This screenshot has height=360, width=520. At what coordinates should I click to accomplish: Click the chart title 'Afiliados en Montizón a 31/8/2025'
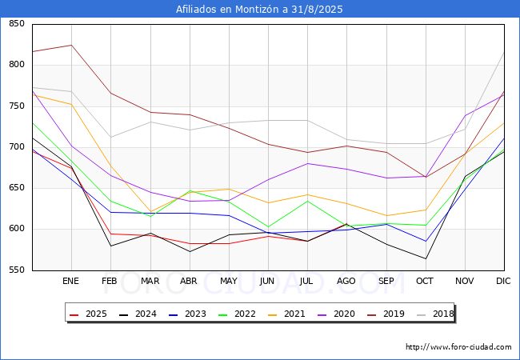click(x=259, y=10)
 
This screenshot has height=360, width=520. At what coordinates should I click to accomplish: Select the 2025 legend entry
click(x=88, y=314)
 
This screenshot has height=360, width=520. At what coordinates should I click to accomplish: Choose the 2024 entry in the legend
click(x=138, y=314)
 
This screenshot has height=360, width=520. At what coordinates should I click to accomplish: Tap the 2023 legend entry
click(x=187, y=314)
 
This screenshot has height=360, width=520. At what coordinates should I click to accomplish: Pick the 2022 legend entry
click(x=237, y=314)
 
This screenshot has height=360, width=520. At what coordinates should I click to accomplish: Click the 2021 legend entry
click(x=286, y=314)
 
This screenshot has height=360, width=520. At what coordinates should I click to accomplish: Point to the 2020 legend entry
click(x=336, y=314)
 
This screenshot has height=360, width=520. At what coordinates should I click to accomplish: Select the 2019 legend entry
click(x=386, y=314)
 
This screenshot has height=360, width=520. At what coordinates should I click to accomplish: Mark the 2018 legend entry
click(x=435, y=314)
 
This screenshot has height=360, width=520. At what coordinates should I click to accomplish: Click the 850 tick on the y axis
click(x=17, y=23)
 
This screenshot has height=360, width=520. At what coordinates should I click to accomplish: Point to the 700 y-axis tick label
click(x=17, y=146)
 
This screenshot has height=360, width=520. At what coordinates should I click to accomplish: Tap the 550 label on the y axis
click(x=17, y=270)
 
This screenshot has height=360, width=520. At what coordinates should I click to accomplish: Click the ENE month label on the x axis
click(x=70, y=281)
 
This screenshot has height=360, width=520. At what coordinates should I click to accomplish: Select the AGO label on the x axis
click(x=346, y=281)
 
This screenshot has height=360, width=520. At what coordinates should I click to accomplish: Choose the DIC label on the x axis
click(x=503, y=281)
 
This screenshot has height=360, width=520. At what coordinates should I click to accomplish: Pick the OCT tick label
click(x=425, y=281)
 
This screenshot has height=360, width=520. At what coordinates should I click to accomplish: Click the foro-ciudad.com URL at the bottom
click(x=458, y=347)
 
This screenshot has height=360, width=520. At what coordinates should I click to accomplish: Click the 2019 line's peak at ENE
click(x=72, y=45)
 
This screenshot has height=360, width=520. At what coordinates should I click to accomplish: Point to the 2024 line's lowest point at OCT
click(x=426, y=259)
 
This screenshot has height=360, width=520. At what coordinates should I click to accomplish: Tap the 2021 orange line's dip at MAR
click(x=151, y=211)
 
